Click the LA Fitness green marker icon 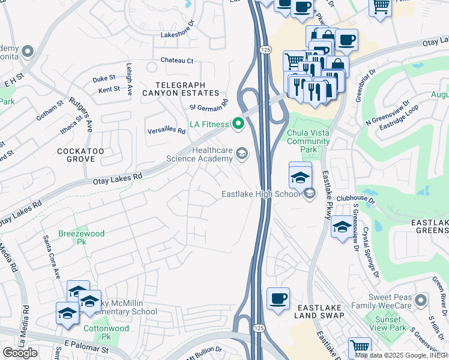(238, 124)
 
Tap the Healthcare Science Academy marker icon (241, 154)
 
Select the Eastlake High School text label (260, 194)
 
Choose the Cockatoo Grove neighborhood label (76, 155)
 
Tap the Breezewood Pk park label (81, 238)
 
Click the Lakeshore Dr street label (178, 35)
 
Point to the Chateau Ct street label (177, 61)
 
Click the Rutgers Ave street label (81, 114)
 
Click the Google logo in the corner (20, 352)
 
